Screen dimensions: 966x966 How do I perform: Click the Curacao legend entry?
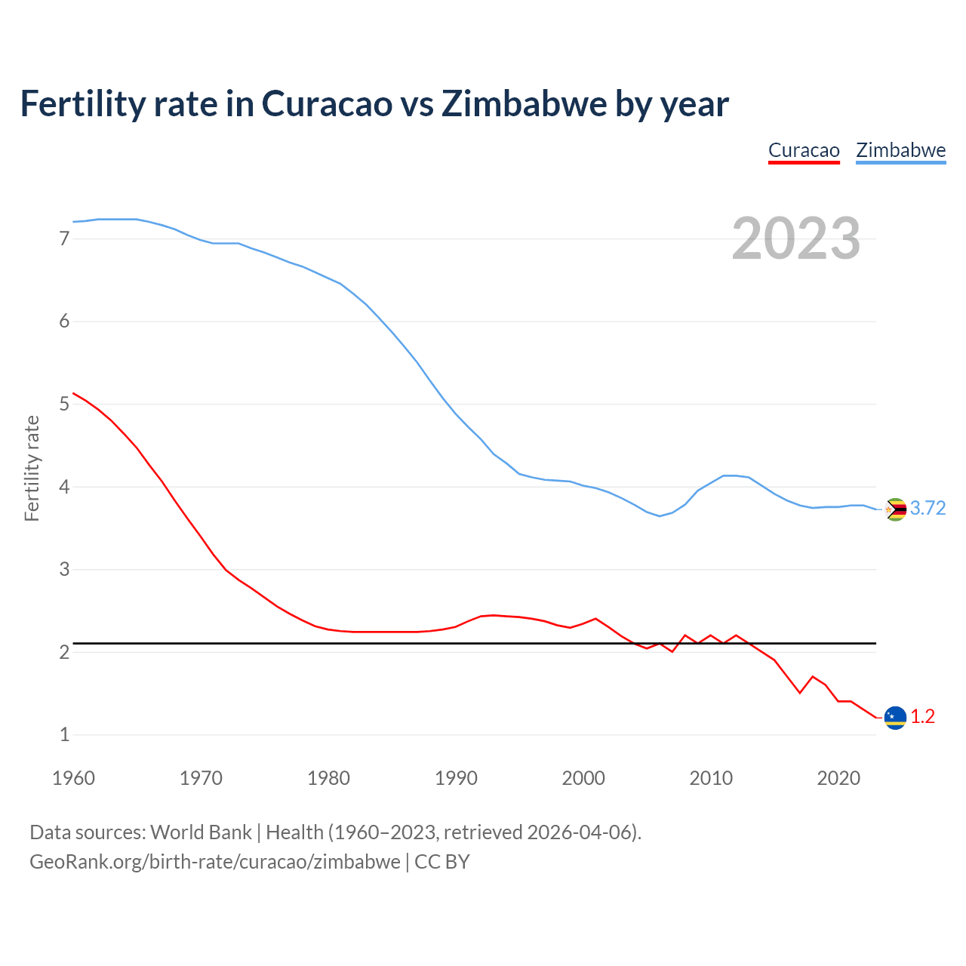[804, 150]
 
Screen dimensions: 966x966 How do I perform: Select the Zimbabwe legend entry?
[900, 150]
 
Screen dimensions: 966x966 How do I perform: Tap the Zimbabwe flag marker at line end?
[895, 509]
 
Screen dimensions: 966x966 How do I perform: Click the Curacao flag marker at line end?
[895, 717]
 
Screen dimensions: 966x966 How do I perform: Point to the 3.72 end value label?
[928, 509]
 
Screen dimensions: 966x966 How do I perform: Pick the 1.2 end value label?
[922, 717]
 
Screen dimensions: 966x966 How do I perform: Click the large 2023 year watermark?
[796, 238]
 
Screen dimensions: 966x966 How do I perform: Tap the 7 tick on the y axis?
[64, 239]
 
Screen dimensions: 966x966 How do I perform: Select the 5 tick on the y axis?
[64, 405]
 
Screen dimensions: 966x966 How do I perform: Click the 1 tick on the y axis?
[64, 734]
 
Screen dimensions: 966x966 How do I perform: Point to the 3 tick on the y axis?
[64, 570]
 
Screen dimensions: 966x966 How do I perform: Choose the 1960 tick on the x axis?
[73, 778]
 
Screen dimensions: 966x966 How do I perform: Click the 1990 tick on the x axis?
[456, 778]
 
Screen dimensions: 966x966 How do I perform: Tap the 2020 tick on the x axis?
[838, 778]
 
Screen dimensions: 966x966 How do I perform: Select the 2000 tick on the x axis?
[583, 778]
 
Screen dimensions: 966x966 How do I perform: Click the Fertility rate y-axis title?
[32, 468]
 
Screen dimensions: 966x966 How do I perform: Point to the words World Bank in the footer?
[201, 832]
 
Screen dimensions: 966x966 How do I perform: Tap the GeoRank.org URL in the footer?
[215, 862]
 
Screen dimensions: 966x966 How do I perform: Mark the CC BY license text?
[442, 862]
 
